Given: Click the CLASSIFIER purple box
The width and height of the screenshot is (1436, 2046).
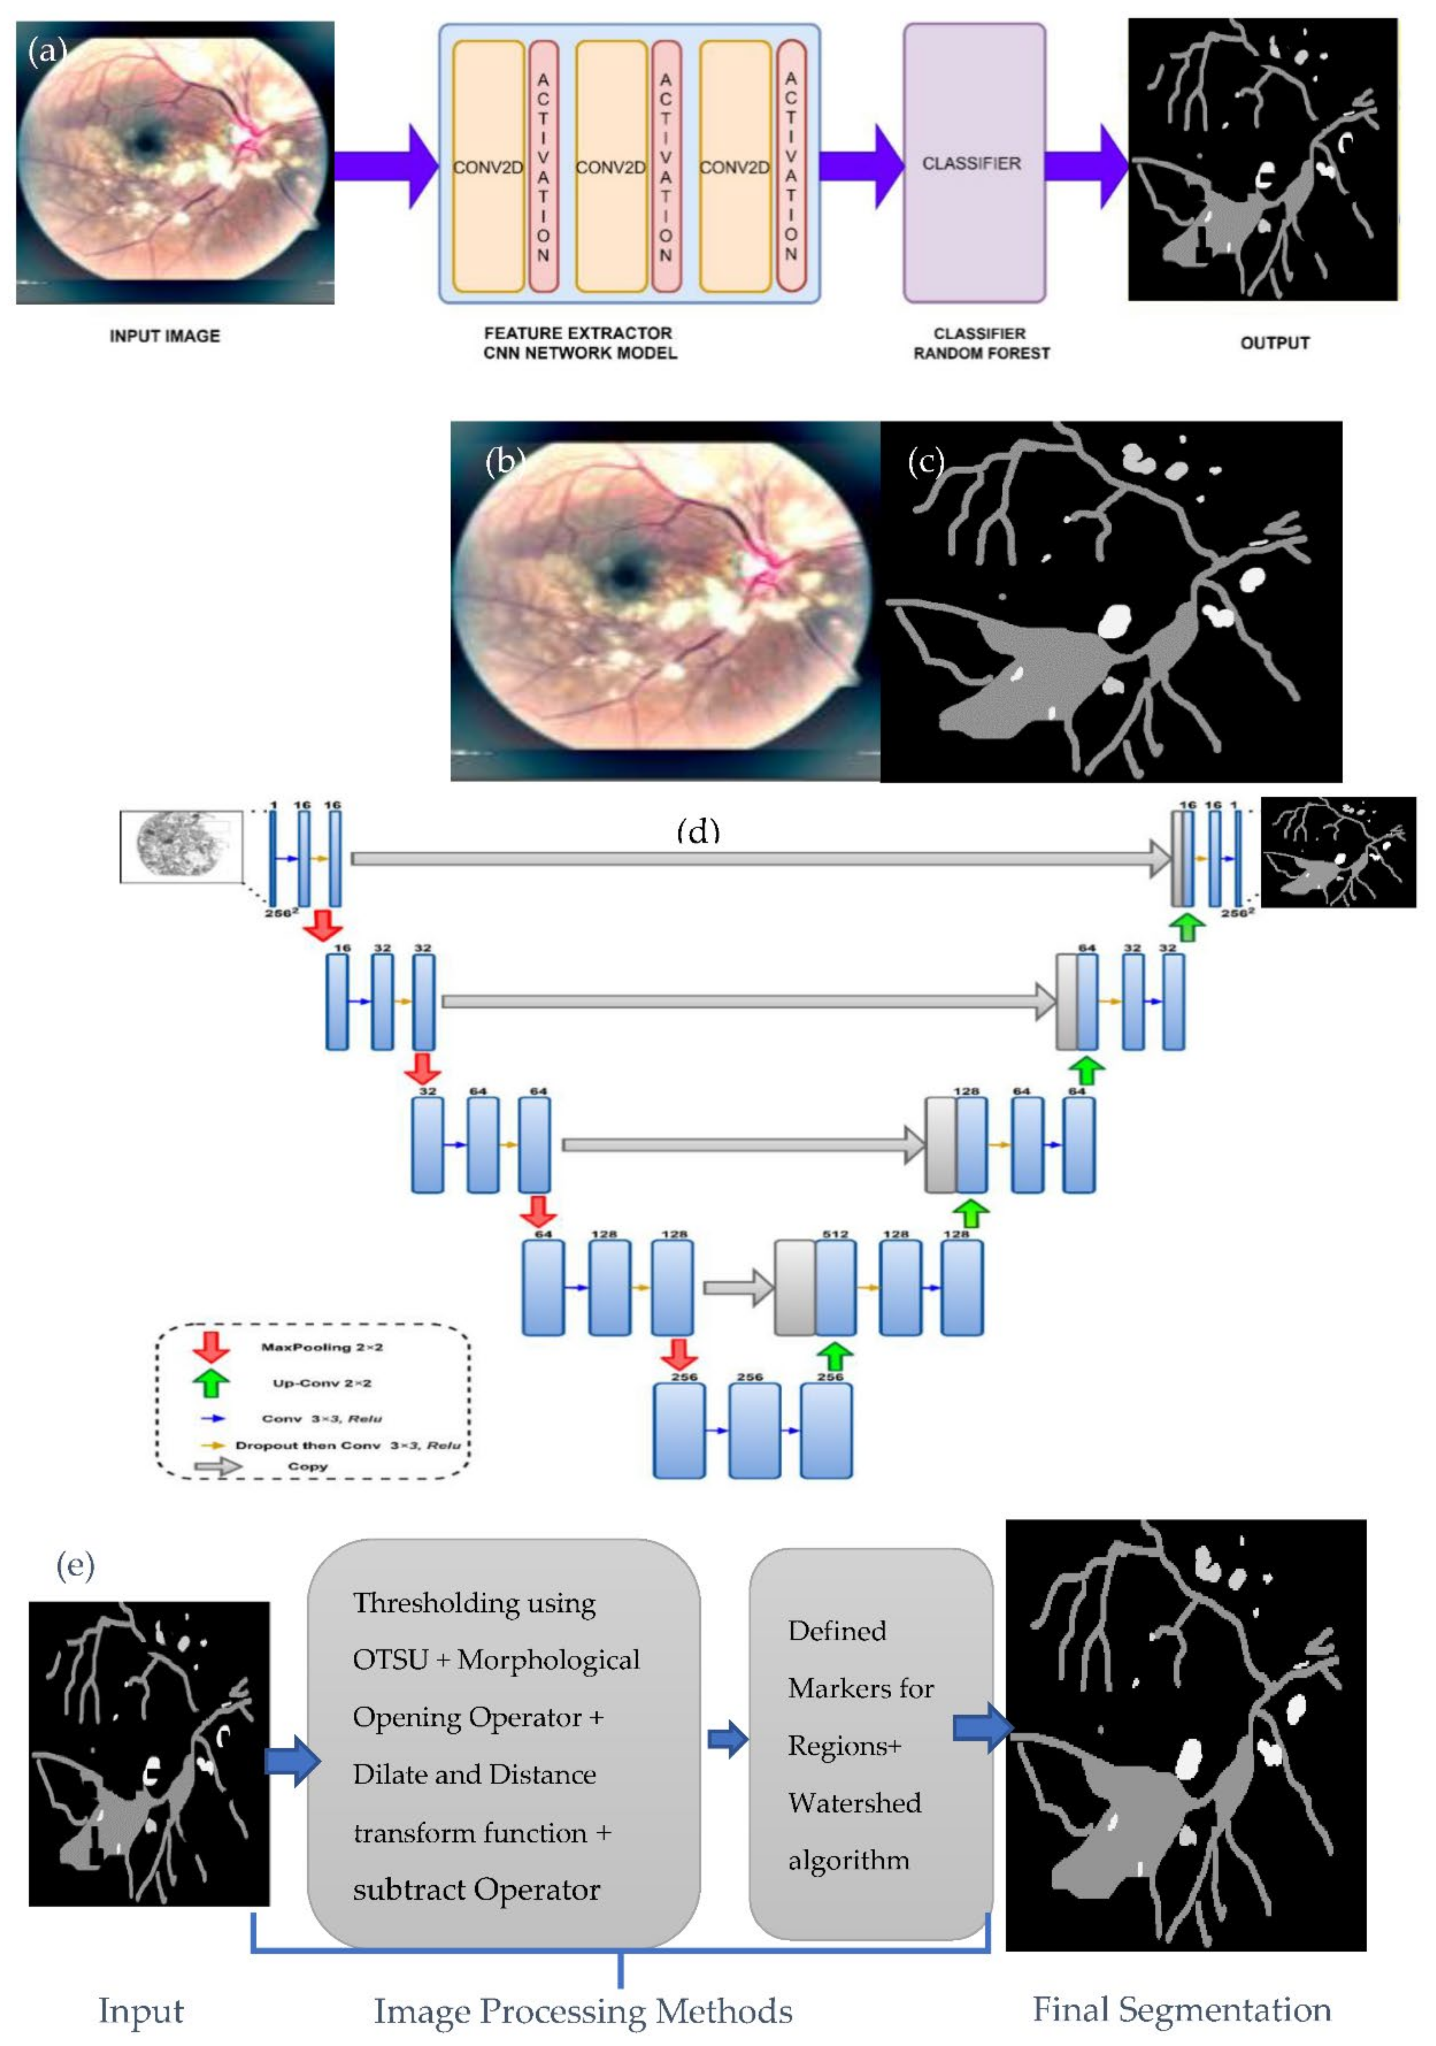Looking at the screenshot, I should [x=973, y=163].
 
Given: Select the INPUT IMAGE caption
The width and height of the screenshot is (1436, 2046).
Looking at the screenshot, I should [x=165, y=336].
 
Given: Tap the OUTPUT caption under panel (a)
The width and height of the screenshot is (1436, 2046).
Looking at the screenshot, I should [x=1275, y=343].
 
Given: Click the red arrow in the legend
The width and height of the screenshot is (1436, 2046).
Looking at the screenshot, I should [x=211, y=1345].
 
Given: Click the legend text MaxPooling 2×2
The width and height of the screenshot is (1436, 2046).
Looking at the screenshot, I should [x=322, y=1346].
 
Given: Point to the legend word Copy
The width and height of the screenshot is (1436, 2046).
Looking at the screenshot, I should [x=307, y=1466].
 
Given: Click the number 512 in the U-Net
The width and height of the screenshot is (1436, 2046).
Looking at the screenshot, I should [x=835, y=1234].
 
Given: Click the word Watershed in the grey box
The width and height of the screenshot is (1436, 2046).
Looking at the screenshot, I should [x=854, y=1803].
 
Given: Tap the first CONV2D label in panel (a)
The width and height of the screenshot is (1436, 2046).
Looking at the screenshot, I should [x=487, y=167].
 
